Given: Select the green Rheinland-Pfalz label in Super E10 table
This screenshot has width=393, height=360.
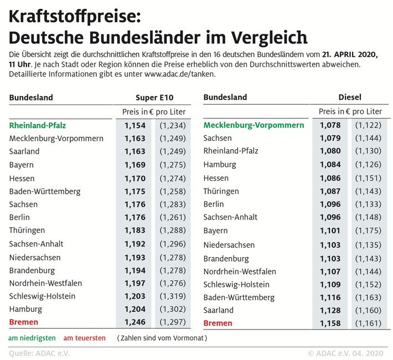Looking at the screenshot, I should [37, 126].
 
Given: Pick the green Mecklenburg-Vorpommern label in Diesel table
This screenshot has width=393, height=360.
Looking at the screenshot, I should [254, 126].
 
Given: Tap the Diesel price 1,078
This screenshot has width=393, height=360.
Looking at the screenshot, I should [330, 126].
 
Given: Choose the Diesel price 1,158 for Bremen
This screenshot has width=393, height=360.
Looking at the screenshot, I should [330, 323].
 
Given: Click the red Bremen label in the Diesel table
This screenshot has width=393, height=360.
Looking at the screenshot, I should [218, 323].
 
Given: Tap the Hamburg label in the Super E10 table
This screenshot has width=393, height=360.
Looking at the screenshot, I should [25, 309].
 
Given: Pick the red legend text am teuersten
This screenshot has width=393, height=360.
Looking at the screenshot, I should [84, 337].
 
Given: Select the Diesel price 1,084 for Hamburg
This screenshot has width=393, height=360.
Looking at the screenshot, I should [330, 165].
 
